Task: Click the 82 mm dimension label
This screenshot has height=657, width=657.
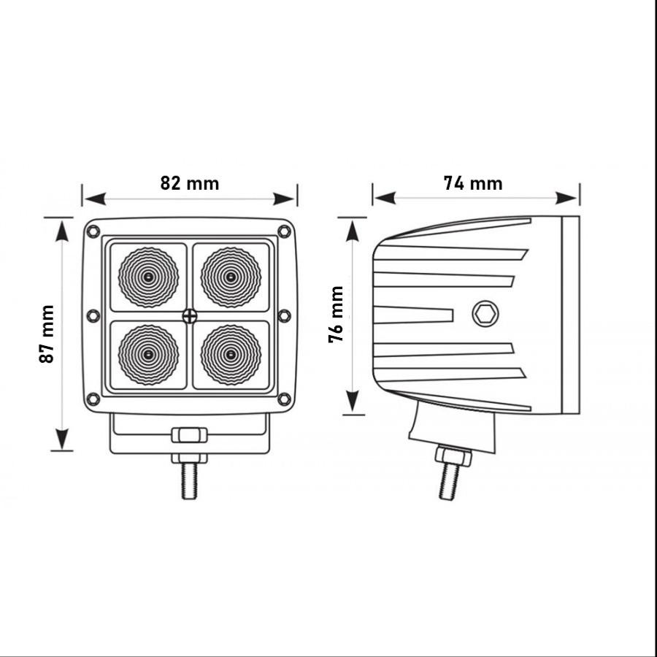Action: click(x=189, y=183)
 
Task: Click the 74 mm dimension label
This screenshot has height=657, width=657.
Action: click(x=472, y=183)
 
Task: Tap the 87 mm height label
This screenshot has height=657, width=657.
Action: click(x=47, y=334)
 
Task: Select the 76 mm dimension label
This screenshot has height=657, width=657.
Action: click(x=336, y=314)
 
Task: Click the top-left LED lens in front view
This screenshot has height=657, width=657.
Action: click(x=148, y=277)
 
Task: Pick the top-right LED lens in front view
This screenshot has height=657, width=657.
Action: click(x=231, y=277)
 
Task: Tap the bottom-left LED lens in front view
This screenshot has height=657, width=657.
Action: click(x=148, y=355)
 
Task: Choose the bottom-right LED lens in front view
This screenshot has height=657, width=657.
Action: click(x=231, y=355)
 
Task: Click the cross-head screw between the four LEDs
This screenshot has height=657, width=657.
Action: click(x=190, y=316)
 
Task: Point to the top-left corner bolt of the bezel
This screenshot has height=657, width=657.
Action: click(x=93, y=231)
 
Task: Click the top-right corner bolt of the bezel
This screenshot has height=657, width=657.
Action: click(x=285, y=231)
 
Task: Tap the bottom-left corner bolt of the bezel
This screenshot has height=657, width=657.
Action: click(x=93, y=399)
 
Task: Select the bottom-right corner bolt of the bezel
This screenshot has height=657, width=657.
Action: click(x=285, y=399)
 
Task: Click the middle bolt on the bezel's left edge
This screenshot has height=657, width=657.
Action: click(x=93, y=315)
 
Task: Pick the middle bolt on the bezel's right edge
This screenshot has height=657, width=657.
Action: click(x=285, y=315)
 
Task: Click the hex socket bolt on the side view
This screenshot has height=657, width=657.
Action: click(x=485, y=313)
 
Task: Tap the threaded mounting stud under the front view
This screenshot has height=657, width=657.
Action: click(x=189, y=481)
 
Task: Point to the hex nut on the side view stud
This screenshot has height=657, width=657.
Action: click(x=453, y=456)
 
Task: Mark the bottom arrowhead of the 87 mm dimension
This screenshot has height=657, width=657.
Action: click(x=62, y=439)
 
